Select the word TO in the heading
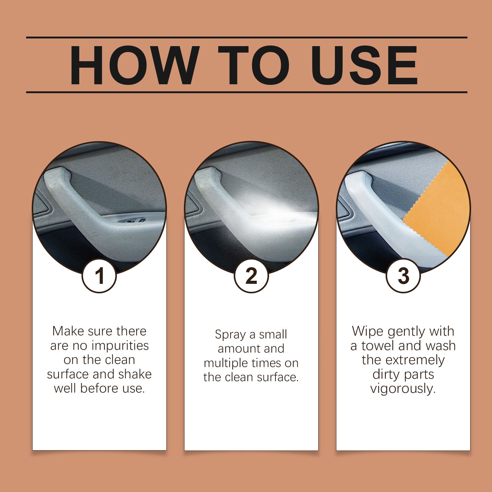[254, 65]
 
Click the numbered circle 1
[99, 276]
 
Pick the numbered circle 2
[251, 276]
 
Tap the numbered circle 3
[403, 276]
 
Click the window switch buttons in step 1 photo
[133, 220]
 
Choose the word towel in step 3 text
[378, 346]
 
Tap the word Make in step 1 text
[68, 331]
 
